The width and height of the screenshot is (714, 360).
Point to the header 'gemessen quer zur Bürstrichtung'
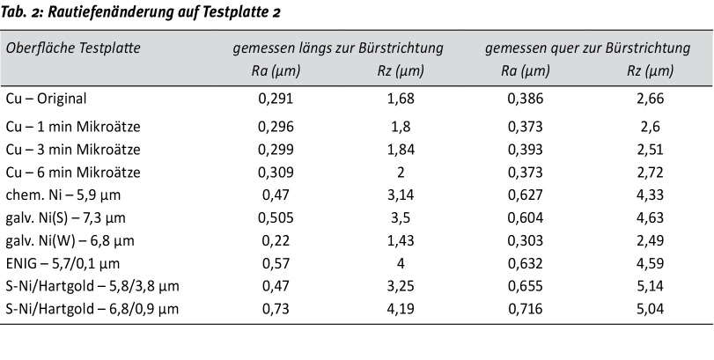587,47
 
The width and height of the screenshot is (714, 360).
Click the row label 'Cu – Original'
47,99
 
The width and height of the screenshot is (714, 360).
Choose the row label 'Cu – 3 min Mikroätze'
72,149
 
